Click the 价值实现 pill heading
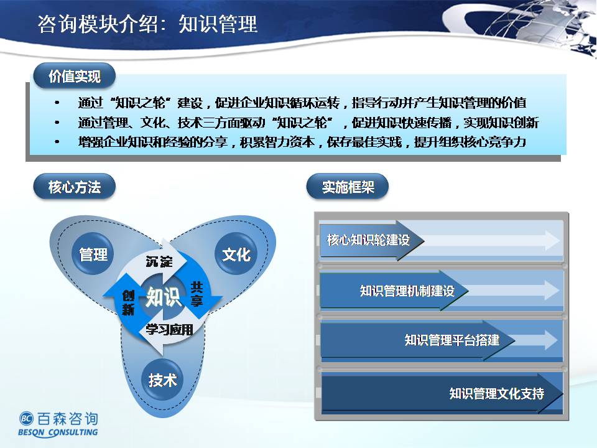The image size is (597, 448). tap(74, 76)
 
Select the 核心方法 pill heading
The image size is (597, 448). tap(74, 187)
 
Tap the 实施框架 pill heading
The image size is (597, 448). tap(348, 187)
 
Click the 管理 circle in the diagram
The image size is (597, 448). tap(93, 254)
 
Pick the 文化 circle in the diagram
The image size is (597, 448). tap(236, 254)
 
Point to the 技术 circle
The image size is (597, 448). tap(162, 380)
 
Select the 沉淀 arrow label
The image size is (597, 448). tap(159, 262)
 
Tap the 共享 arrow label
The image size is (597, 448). tap(197, 294)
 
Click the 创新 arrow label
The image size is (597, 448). tap(128, 302)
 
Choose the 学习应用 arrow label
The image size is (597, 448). tap(169, 329)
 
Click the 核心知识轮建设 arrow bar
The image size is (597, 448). tap(372, 240)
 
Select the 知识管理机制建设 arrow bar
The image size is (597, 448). tap(394, 291)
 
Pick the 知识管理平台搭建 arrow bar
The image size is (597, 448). tap(417, 340)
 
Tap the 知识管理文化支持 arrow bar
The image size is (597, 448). tap(442, 393)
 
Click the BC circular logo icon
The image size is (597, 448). tap(26, 419)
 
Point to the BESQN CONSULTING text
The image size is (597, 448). tap(58, 432)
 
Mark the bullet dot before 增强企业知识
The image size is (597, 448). tap(57, 142)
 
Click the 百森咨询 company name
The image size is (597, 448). tap(68, 419)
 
